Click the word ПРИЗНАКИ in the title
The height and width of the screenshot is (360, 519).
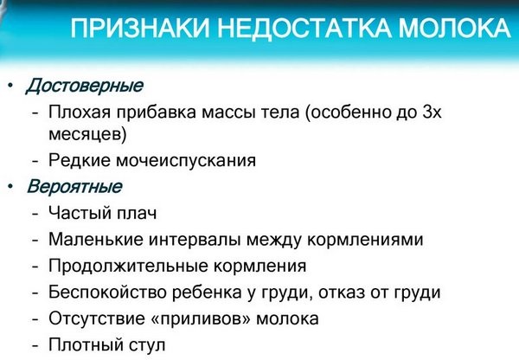tap(141, 30)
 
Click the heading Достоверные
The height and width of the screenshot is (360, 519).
tap(84, 87)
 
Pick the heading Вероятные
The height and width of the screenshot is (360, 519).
tap(74, 186)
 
